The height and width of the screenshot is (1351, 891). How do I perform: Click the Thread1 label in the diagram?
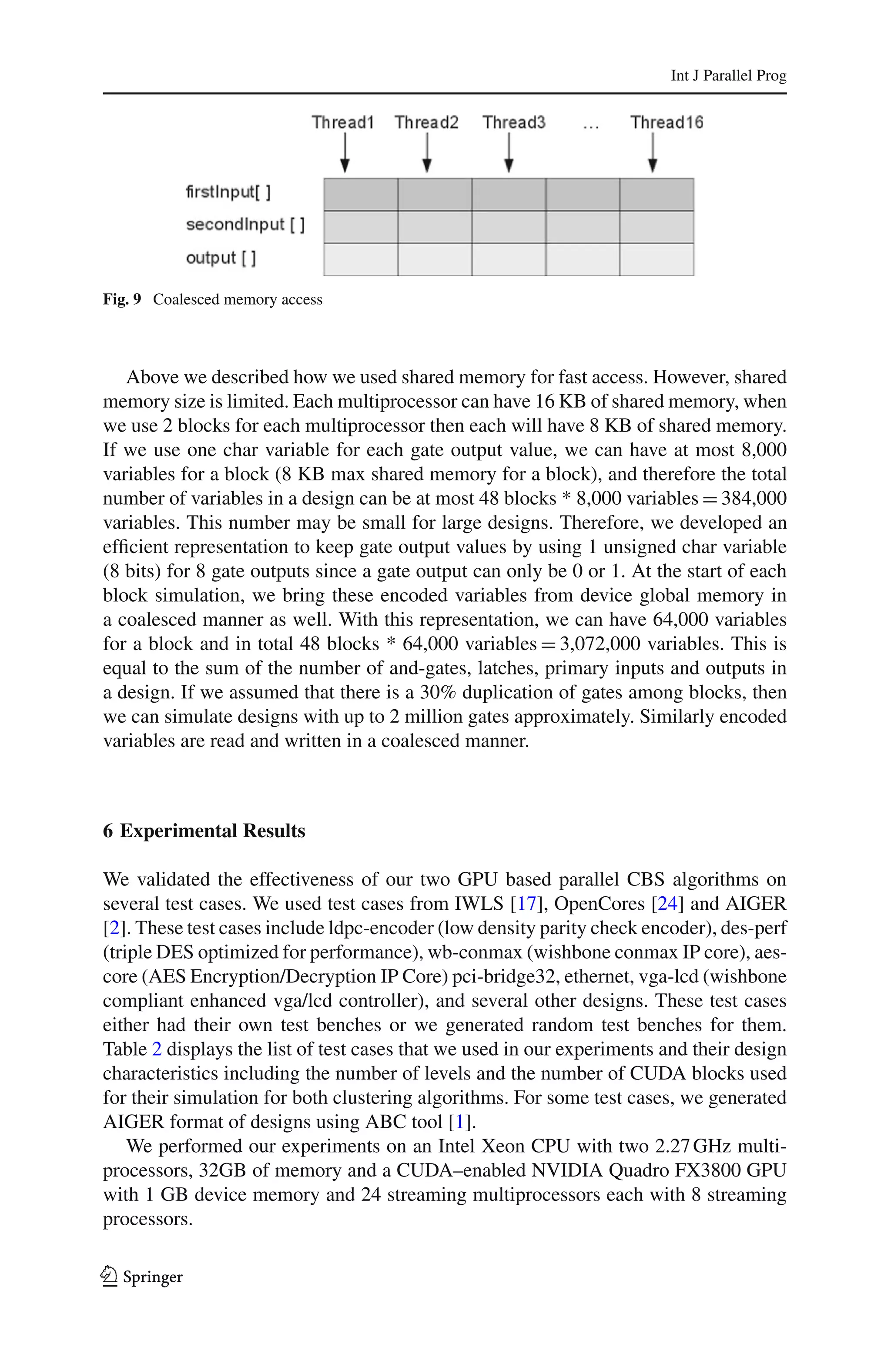(343, 122)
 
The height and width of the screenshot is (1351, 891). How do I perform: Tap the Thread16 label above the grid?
(667, 122)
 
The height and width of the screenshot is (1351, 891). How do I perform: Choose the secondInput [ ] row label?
(245, 225)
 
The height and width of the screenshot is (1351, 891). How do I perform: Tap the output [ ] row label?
(221, 258)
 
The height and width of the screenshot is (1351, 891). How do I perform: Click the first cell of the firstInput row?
(361, 194)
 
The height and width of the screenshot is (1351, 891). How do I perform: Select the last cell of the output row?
(657, 260)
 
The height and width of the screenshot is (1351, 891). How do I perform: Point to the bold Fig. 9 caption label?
(122, 299)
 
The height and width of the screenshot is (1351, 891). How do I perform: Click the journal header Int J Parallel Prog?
(728, 76)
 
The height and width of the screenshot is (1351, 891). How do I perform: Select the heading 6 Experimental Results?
(204, 831)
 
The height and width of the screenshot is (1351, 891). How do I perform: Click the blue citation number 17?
(527, 903)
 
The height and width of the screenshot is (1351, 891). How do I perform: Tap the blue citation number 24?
(668, 903)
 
